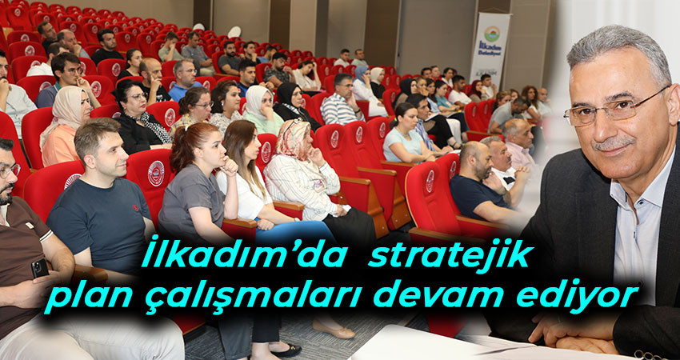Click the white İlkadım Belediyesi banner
point(491,49)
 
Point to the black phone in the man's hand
point(40,268)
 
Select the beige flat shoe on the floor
point(334,330)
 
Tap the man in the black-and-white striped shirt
point(342,101)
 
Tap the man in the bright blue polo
point(184,81)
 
